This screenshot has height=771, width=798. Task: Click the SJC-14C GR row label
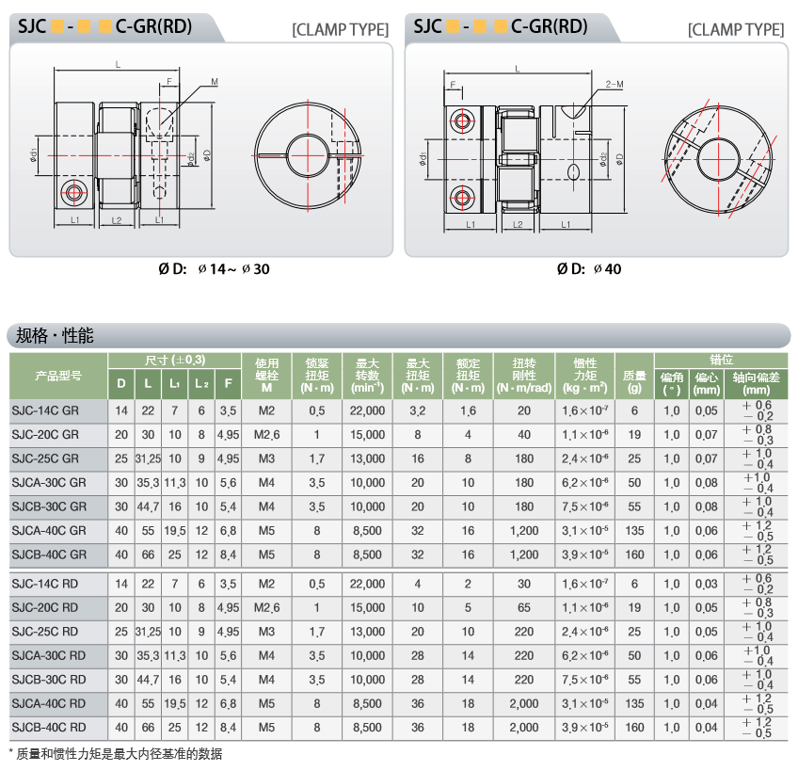point(45,411)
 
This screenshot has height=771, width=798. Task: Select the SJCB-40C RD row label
point(49,728)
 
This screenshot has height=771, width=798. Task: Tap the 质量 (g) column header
point(634,381)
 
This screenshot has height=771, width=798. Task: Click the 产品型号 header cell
point(58,376)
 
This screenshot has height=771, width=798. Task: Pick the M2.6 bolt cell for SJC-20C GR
point(266,435)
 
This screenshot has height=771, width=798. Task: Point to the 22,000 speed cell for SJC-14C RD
point(367,584)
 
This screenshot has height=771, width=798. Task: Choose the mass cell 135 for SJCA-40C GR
point(634,531)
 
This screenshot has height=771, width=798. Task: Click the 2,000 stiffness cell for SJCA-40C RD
point(523,704)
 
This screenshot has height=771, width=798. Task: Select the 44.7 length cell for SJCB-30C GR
point(148,506)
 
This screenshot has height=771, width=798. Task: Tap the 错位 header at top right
point(721,360)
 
